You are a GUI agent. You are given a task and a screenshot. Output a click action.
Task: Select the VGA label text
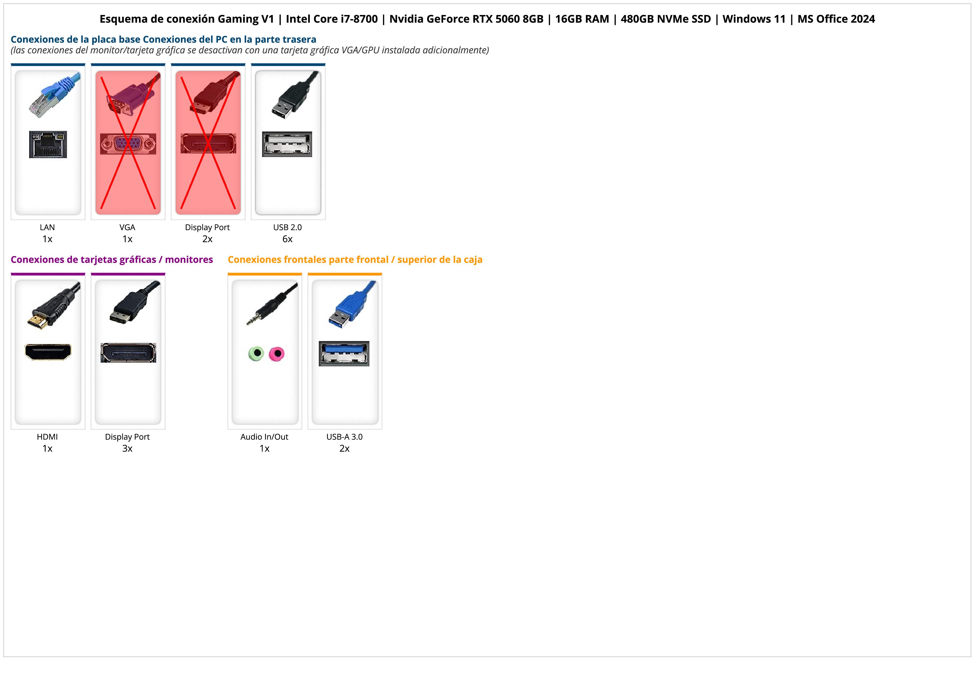tap(127, 227)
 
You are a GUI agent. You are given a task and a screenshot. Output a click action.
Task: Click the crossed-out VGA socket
tap(128, 144)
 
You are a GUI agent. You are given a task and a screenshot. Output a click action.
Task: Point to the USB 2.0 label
tap(287, 227)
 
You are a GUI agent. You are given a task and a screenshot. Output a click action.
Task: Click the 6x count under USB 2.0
tap(287, 239)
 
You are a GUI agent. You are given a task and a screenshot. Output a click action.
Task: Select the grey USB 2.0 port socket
tap(287, 144)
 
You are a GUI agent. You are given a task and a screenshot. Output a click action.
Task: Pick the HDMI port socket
tap(48, 352)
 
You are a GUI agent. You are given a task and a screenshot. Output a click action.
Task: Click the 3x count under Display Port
tap(127, 448)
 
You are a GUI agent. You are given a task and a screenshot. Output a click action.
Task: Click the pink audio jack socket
tap(277, 353)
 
